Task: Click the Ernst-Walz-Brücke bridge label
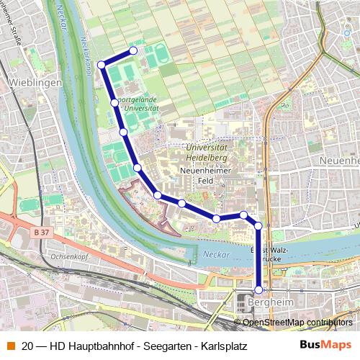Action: pyautogui.click(x=265, y=253)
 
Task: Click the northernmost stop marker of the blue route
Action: pyautogui.click(x=133, y=50)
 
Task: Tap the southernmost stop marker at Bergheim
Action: pyautogui.click(x=259, y=290)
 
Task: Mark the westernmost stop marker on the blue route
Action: pyautogui.click(x=102, y=65)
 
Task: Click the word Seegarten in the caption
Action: pyautogui.click(x=165, y=345)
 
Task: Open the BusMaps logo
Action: pyautogui.click(x=325, y=345)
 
